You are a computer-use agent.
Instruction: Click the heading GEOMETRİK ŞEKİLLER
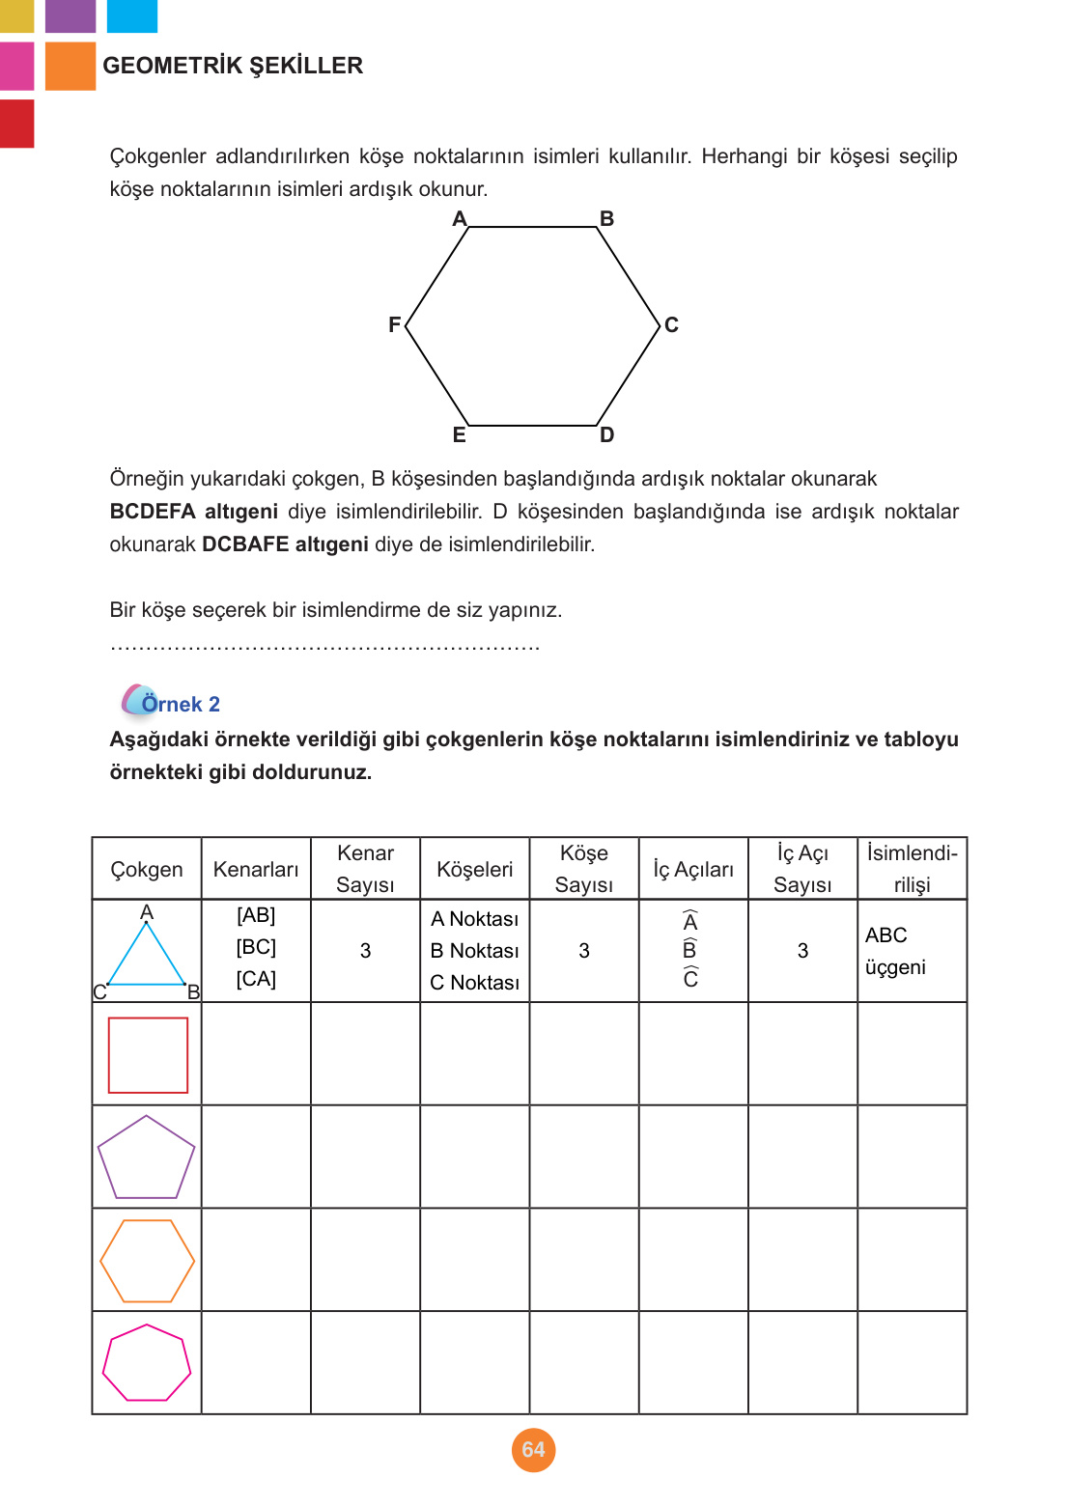coord(233,66)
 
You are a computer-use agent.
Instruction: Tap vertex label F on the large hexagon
coord(394,325)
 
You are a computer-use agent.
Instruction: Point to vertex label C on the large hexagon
coord(671,325)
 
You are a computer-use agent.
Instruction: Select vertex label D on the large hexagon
coord(606,435)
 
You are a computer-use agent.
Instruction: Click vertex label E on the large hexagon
coord(460,435)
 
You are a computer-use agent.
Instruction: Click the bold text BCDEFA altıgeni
coord(193,512)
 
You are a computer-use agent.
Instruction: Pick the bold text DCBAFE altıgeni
coord(285,544)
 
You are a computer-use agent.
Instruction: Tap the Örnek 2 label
coord(180,704)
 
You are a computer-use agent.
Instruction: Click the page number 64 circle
coord(533,1450)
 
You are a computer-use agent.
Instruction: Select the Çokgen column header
coord(147,870)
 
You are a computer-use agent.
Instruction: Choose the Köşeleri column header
coord(474,870)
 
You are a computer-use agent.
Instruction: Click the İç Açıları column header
coord(693,870)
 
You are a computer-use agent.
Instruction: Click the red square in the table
coord(148,1055)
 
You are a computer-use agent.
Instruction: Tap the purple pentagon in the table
coord(147,1159)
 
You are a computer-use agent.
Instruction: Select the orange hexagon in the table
coord(147,1261)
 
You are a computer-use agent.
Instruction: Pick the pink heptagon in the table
coord(147,1363)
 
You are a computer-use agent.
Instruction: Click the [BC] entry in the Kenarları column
coord(256,947)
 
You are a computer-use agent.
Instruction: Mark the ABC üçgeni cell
coord(895,951)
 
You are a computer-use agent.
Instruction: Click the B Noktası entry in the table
coord(474,951)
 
